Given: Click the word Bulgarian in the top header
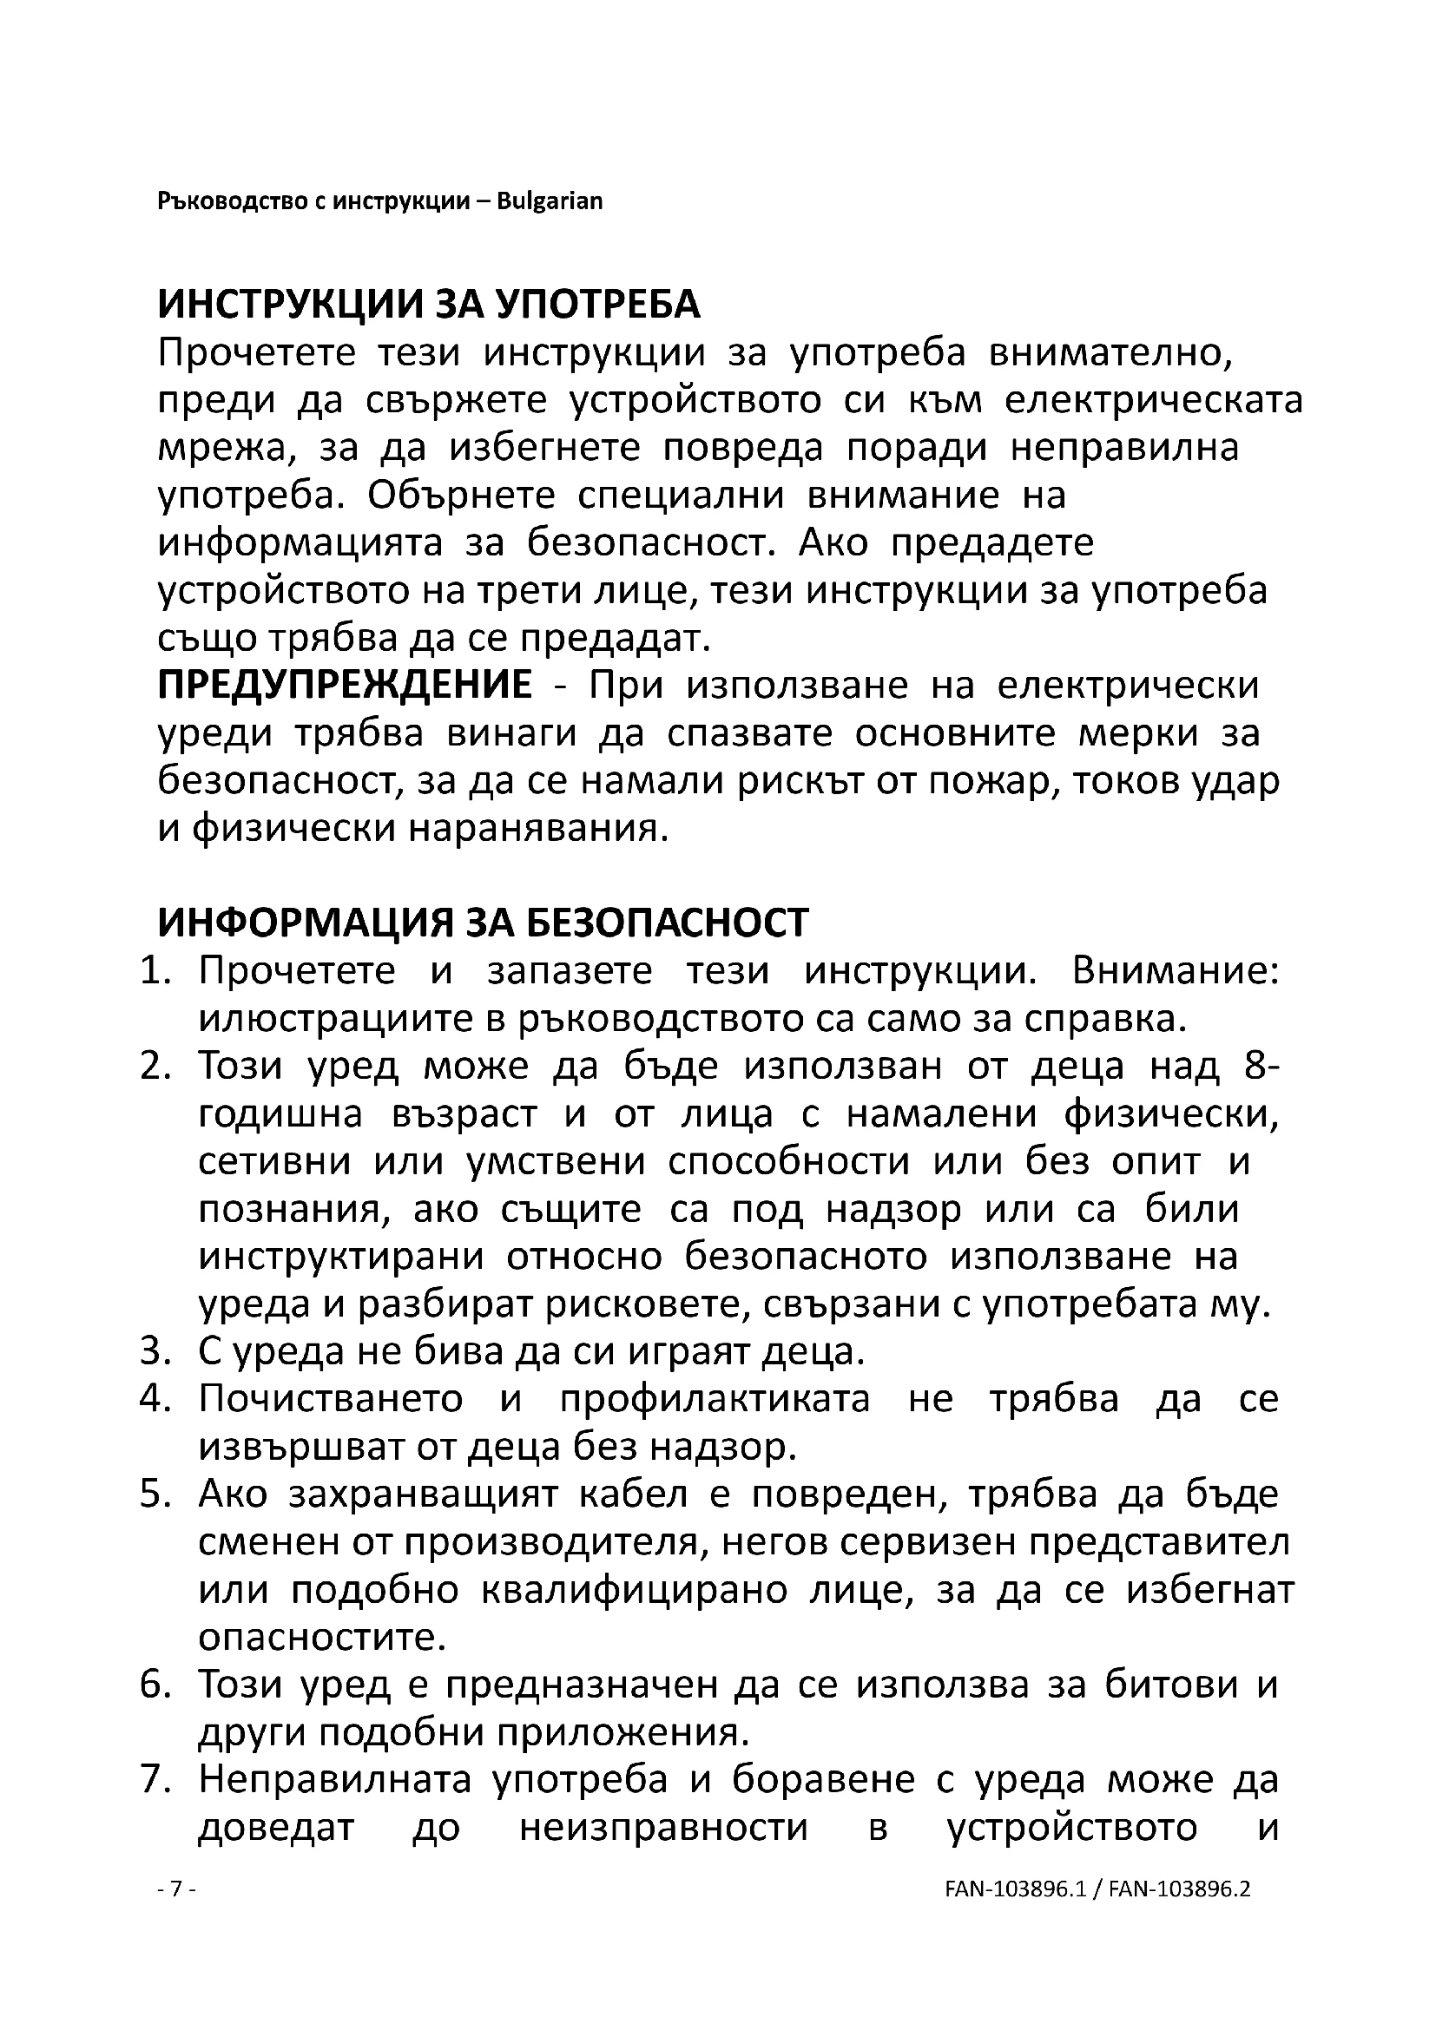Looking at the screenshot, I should [x=549, y=201].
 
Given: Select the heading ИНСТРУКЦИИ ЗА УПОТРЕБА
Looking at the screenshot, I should [x=429, y=305].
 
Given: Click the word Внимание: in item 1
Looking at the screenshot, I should [x=1176, y=972].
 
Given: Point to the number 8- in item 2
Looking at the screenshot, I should [x=1261, y=1068].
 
